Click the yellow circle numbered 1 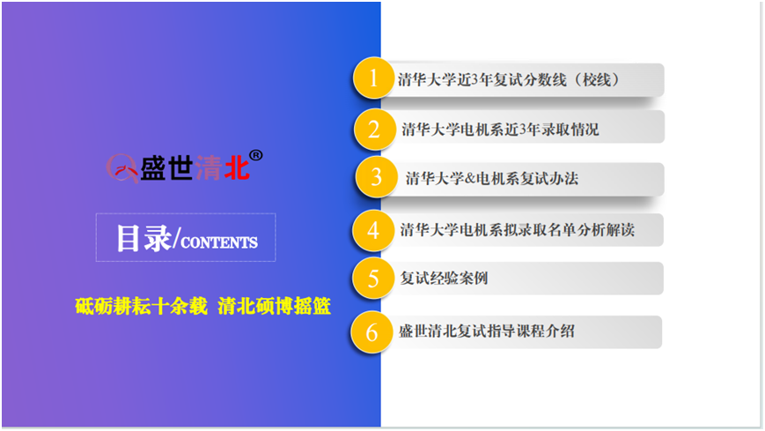[x=374, y=78]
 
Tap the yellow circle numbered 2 [x=374, y=130]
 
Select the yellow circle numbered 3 [x=376, y=177]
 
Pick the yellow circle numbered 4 [x=373, y=230]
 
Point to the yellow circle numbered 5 [x=373, y=278]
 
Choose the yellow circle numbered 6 [x=371, y=331]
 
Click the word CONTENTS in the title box [x=219, y=243]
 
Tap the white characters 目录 [x=143, y=239]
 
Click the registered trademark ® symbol [x=256, y=155]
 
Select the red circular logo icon [x=122, y=168]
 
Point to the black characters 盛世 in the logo [x=166, y=167]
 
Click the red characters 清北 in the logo [x=223, y=167]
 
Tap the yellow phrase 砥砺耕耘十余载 [x=142, y=307]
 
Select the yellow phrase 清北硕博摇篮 [x=274, y=307]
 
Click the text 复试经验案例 [x=444, y=278]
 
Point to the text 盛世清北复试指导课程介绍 [x=487, y=331]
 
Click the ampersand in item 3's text [x=470, y=179]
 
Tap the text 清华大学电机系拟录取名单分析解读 [x=517, y=230]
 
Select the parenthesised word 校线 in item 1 [x=597, y=79]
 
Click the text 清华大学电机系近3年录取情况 [x=500, y=130]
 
